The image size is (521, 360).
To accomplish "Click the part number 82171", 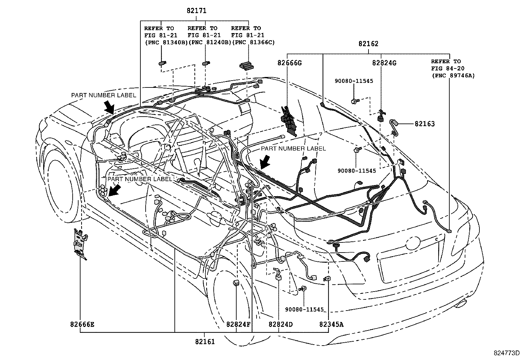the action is (197, 11).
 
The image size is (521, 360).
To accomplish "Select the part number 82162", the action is (368, 44).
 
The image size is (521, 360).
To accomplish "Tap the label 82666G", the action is (290, 63).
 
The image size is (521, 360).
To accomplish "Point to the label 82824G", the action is (384, 63).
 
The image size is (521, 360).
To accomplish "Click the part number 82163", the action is (425, 123).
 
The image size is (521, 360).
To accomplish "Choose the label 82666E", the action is (82, 324).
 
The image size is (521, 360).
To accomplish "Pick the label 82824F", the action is (238, 324).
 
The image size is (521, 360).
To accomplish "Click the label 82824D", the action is (280, 324).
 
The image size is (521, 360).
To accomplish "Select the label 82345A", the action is (331, 324).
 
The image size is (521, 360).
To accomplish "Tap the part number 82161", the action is (205, 342).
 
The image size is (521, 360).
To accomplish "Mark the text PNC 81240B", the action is (210, 42).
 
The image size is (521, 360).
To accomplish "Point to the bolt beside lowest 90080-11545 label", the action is (303, 289).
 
